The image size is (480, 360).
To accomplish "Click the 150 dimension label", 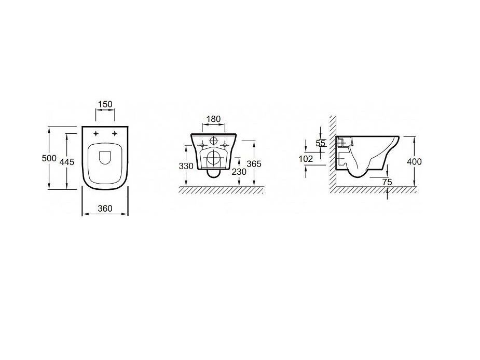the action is (x=105, y=104).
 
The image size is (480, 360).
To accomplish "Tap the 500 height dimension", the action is (x=49, y=158).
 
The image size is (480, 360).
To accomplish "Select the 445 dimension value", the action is (x=67, y=162).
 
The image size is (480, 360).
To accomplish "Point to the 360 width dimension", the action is (x=105, y=209).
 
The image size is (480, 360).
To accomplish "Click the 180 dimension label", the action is (x=213, y=119).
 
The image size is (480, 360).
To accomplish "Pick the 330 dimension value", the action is (x=186, y=166).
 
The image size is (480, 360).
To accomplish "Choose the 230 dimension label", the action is (x=239, y=172).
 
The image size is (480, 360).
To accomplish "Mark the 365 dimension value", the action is (x=254, y=164).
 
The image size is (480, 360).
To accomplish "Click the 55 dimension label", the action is (x=321, y=143).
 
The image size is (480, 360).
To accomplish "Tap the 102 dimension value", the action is (x=306, y=159).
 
